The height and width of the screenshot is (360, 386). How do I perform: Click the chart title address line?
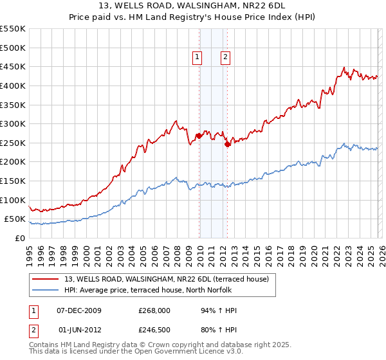(193, 6)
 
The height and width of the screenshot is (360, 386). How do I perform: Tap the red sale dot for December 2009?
(199, 136)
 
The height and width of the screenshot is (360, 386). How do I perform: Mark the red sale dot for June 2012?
(227, 144)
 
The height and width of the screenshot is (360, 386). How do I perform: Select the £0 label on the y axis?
(19, 238)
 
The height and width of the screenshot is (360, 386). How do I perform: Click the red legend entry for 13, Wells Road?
(170, 279)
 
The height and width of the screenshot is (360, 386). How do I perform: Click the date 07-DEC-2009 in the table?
(80, 310)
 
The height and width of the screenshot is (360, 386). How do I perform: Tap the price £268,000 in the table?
(154, 310)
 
